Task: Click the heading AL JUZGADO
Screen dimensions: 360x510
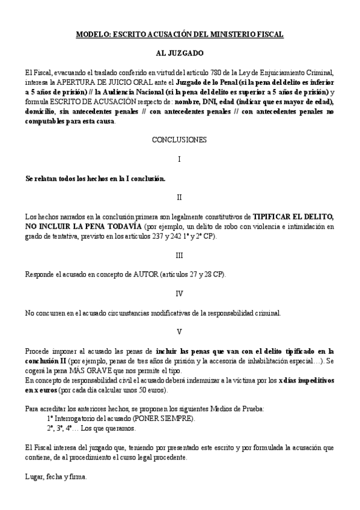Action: point(179,54)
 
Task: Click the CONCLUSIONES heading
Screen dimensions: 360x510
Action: point(180,140)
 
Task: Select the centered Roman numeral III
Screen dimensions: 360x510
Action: point(179,254)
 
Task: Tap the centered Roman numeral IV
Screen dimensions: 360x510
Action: point(179,293)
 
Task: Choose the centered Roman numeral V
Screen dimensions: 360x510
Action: point(179,332)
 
